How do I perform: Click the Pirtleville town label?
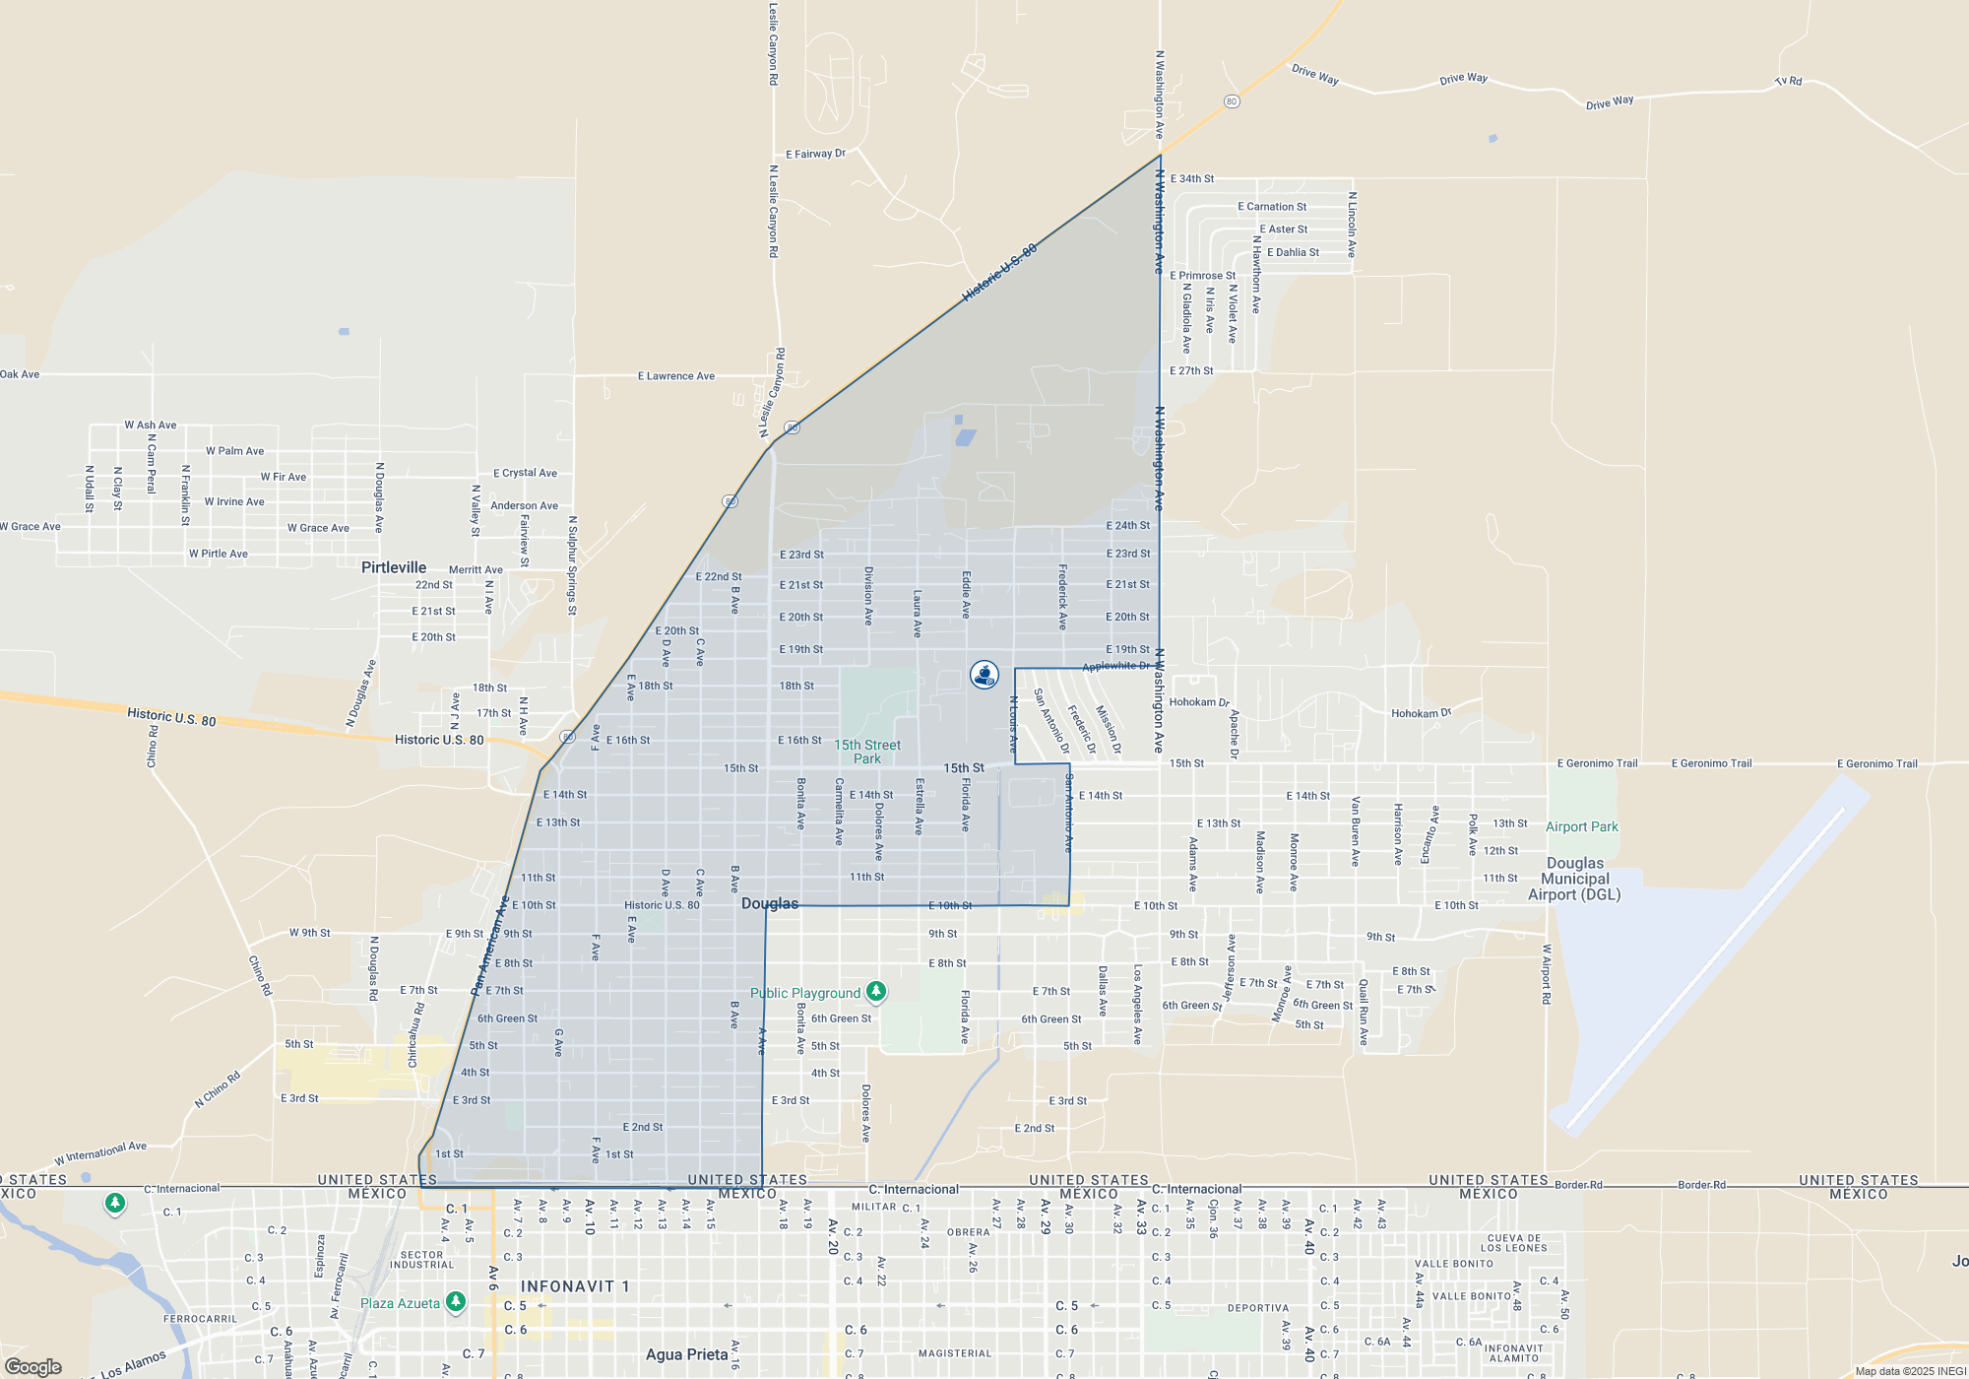coord(394,567)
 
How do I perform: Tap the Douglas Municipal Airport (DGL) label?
coord(1574,879)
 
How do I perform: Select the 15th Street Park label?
coord(867,752)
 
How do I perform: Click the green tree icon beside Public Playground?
coord(875,992)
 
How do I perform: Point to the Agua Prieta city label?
coord(686,1354)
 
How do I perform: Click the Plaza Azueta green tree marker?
coord(455,1302)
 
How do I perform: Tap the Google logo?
coord(33,1366)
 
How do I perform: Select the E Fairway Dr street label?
coord(815,154)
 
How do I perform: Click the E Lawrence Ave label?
coord(676,376)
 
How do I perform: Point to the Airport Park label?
coord(1581,827)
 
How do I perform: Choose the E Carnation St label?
coord(1272,207)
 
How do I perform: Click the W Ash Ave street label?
coord(151,426)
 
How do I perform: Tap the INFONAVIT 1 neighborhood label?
coord(574,1286)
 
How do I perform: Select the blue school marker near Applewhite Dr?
coord(984,675)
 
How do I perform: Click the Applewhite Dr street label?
coord(1115,667)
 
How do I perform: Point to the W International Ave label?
coord(100,1152)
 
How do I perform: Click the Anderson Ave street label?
coord(524,506)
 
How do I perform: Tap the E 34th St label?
coord(1192,179)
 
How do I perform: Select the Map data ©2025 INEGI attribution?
coord(1909,1371)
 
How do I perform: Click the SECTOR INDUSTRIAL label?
coord(421,1260)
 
